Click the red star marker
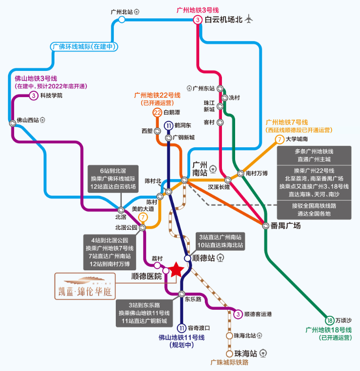176,269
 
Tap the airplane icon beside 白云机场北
248,19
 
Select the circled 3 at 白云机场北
198,20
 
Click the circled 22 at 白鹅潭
157,113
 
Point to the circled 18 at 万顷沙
330,320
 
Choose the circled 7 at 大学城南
280,139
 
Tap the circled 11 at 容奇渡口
182,328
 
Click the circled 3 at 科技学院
33,96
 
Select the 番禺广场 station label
286,226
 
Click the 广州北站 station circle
121,20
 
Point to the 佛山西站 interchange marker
13,123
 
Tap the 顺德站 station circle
188,258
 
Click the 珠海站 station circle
229,354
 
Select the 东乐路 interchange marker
182,294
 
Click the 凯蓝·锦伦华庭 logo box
85,286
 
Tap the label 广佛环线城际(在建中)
84,47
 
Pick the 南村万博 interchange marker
240,174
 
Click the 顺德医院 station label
147,276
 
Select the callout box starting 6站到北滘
113,179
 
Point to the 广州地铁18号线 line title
329,330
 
